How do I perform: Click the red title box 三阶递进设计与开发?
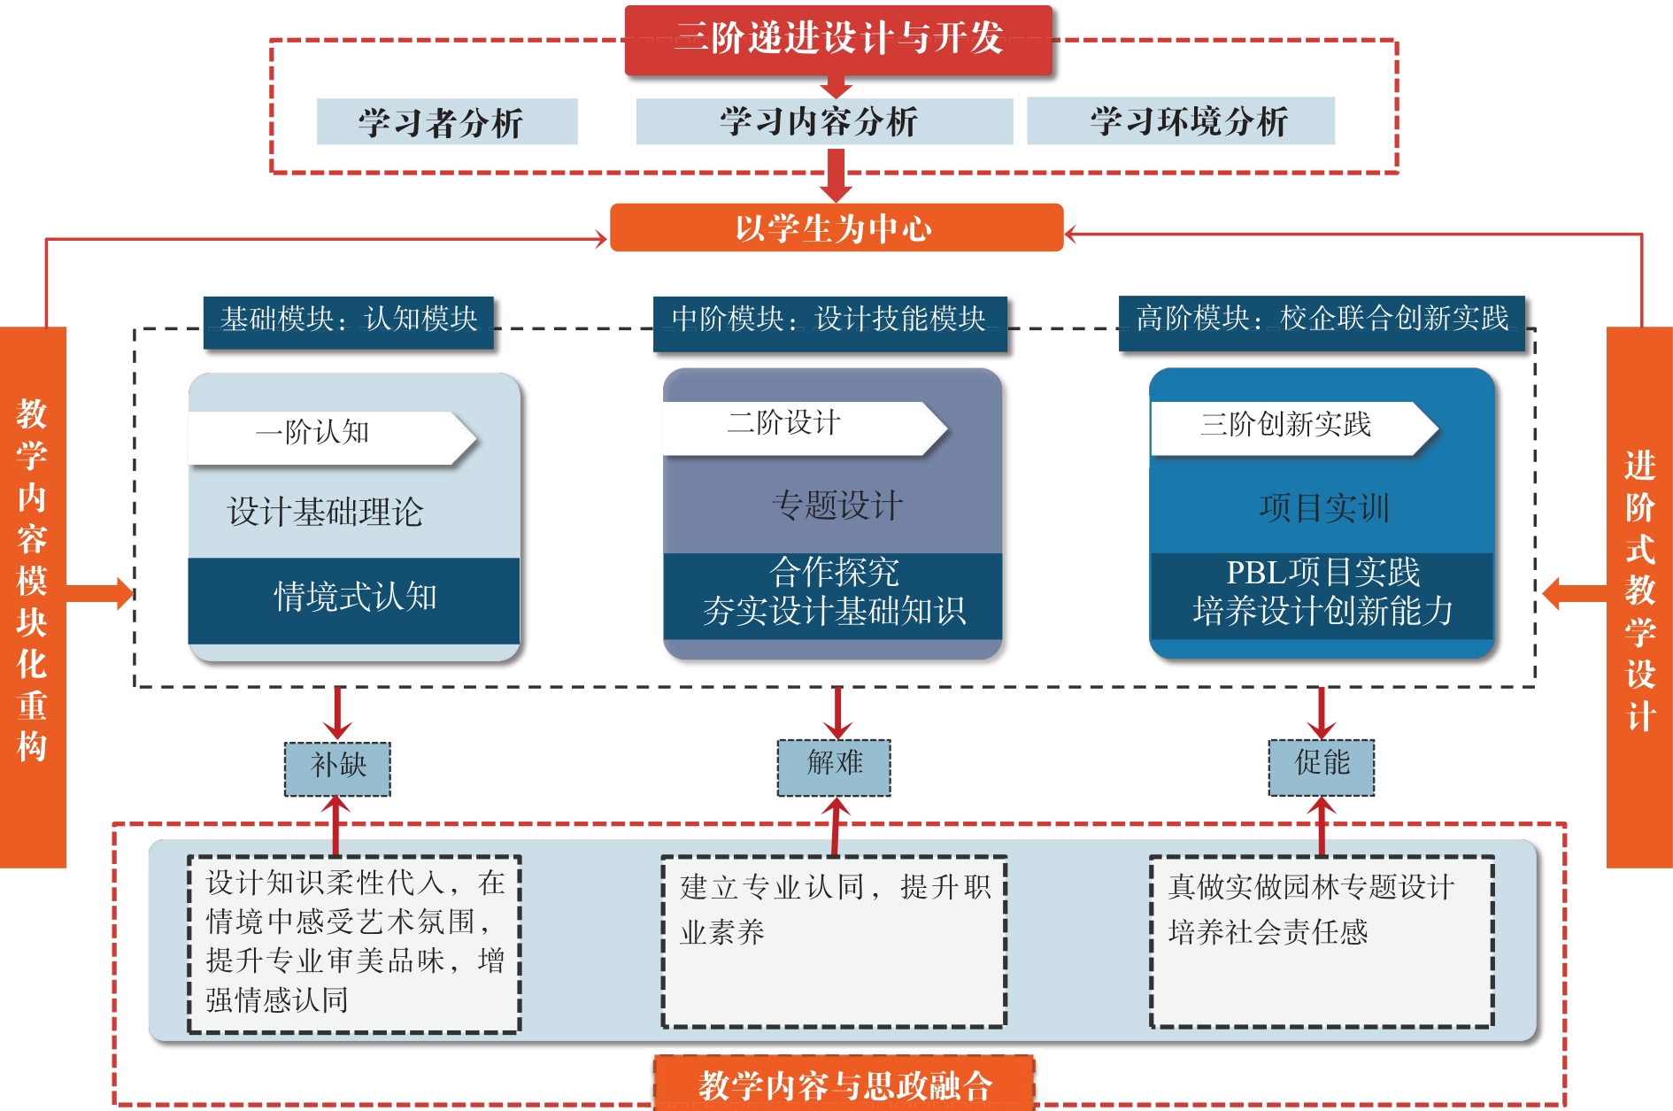click(x=838, y=39)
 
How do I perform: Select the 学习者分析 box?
click(x=446, y=122)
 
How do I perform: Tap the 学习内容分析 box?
click(x=823, y=122)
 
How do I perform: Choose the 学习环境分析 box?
click(x=1180, y=122)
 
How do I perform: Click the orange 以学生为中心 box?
click(x=836, y=228)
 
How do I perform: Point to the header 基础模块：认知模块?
click(x=348, y=320)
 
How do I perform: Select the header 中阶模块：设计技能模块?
click(x=829, y=320)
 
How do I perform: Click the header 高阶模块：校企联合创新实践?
click(x=1321, y=320)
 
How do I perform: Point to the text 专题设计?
click(x=836, y=506)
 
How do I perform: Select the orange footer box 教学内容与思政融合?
click(x=844, y=1084)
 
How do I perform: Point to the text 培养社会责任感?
click(x=1268, y=933)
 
